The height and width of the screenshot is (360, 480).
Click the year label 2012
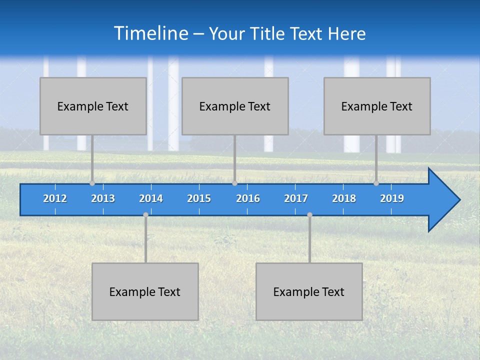click(55, 198)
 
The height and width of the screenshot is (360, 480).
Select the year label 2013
click(103, 198)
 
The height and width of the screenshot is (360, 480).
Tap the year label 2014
click(151, 198)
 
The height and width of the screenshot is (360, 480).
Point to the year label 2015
click(199, 198)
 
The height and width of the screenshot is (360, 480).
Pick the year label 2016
click(248, 198)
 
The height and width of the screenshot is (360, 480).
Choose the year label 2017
click(296, 198)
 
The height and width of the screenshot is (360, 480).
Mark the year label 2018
click(344, 198)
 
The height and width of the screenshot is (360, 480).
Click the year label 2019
click(392, 198)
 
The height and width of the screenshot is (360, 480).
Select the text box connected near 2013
click(93, 106)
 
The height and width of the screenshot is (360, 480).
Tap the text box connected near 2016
click(235, 106)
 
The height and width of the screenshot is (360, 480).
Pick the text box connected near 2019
click(377, 106)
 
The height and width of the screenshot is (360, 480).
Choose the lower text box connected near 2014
click(145, 291)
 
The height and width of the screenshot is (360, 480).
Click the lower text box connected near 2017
click(309, 291)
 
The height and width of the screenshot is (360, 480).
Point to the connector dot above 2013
click(92, 183)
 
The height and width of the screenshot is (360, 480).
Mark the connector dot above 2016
click(234, 183)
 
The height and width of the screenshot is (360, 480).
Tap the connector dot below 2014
click(145, 215)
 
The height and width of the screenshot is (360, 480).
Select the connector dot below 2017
click(309, 215)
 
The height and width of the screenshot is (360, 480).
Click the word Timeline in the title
click(150, 33)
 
